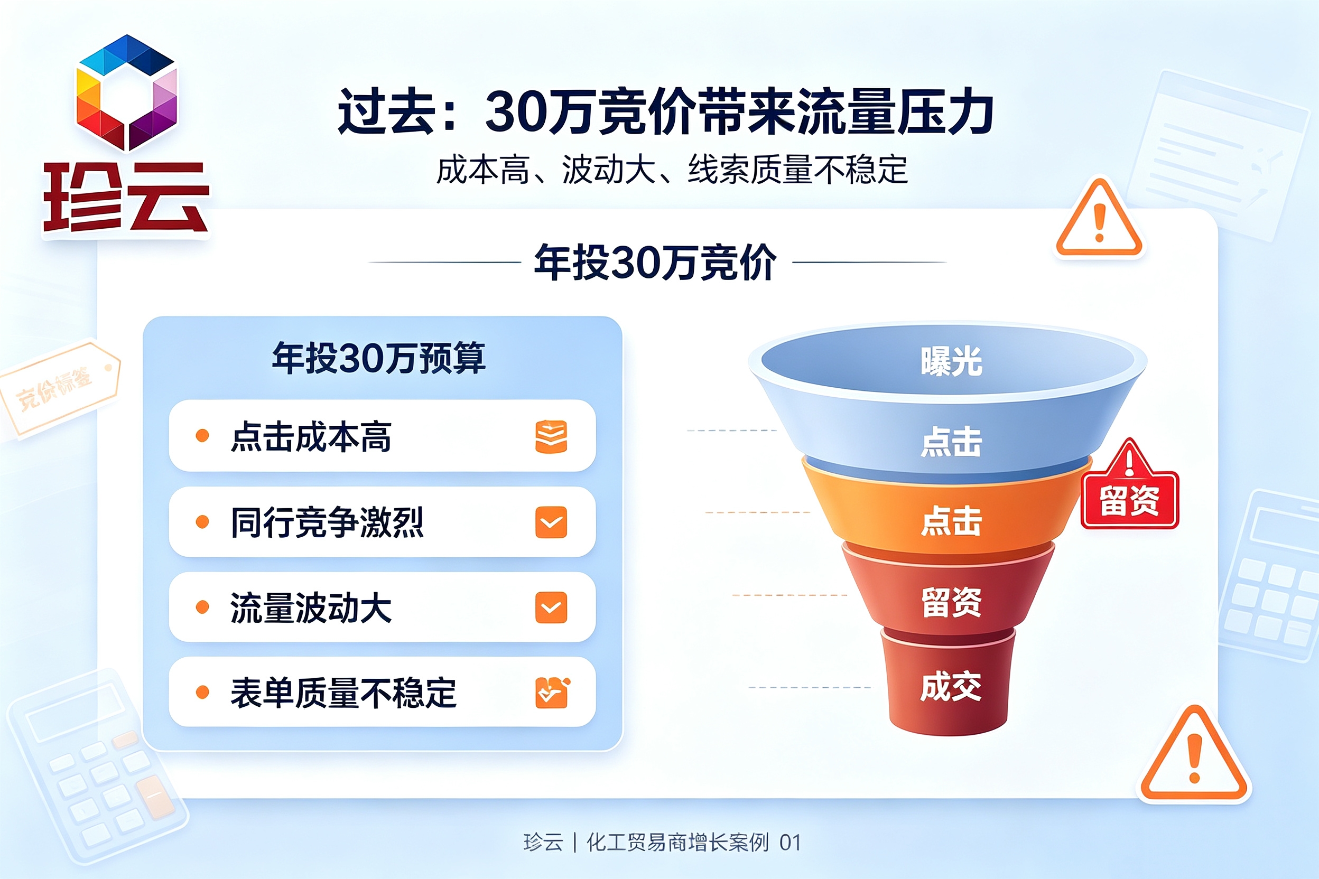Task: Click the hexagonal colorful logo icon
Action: (x=127, y=92)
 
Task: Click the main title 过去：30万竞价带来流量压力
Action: (x=666, y=111)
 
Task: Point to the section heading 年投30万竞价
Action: (x=656, y=262)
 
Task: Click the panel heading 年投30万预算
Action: (x=379, y=358)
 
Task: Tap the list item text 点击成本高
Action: (x=311, y=436)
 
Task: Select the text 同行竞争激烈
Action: (x=327, y=522)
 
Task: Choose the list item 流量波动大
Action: (x=311, y=607)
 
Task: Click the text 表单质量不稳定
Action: (x=343, y=693)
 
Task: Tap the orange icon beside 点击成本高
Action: (x=551, y=436)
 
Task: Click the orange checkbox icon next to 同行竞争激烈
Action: (x=551, y=522)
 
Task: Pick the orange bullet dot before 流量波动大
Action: (x=202, y=607)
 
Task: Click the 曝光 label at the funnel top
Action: (x=951, y=361)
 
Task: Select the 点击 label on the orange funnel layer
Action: (x=951, y=521)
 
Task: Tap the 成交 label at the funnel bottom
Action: (x=951, y=687)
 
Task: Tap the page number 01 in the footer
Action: (x=790, y=843)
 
